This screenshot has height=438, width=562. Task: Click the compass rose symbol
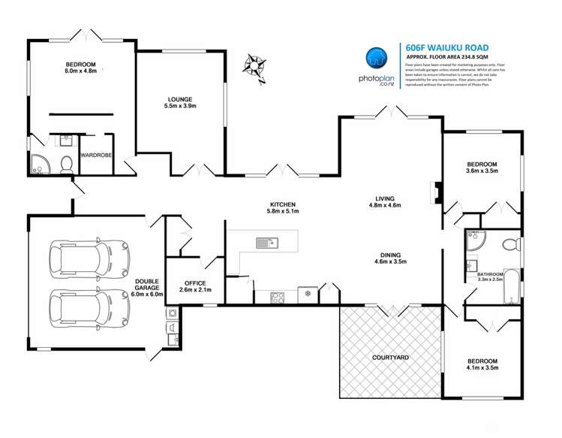point(255,65)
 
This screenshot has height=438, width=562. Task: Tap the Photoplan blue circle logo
point(377,58)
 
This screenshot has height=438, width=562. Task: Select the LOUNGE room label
point(180,99)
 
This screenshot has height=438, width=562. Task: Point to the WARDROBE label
point(97,155)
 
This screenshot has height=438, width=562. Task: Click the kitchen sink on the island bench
point(266,242)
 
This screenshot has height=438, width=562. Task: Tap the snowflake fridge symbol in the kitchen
point(306,294)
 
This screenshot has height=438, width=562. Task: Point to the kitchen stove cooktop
point(278,295)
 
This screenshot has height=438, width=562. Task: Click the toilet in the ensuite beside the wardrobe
point(66,163)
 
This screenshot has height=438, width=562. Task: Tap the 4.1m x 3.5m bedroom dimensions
point(481,369)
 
